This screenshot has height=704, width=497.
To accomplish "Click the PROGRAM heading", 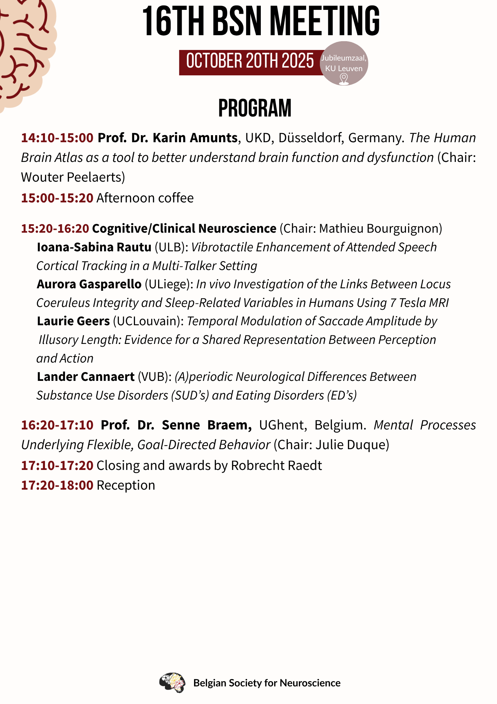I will pos(255,108).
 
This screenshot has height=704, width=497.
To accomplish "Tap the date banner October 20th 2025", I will pos(250,61).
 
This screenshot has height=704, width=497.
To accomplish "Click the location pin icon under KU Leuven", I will pos(344,79).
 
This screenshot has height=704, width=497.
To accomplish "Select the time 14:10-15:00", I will pos(57,138).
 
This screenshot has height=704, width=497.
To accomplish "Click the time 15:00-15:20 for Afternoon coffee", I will pos(57,198).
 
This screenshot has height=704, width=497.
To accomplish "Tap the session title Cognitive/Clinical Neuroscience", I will pos(184,228).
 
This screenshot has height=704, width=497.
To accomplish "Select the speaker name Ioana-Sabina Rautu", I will pos(94,247).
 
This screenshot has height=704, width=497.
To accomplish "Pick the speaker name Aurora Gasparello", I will pos(89,284).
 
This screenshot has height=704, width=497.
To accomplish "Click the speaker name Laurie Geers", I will pos(73,321).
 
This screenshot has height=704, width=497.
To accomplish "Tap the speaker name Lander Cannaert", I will pos(86,377).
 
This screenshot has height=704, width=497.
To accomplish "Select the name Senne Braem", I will pos(207,425).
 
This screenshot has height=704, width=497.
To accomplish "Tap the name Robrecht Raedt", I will pos(276,465).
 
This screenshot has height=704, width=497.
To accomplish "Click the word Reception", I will pos(126,485).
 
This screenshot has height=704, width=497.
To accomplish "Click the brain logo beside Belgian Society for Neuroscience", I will pos(172,683).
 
